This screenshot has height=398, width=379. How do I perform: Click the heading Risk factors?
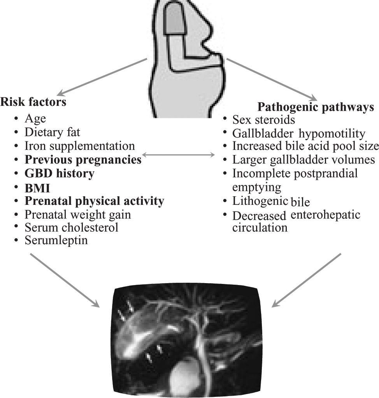(x=33, y=102)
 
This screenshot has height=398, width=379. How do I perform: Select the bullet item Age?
(x=35, y=118)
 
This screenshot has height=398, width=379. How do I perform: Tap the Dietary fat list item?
(x=52, y=132)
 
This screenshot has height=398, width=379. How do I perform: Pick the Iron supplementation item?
(x=79, y=146)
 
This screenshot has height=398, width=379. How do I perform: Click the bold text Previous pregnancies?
(x=83, y=160)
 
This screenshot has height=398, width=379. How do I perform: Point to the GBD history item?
(x=59, y=173)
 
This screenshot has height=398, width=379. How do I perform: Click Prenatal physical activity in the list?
(x=94, y=201)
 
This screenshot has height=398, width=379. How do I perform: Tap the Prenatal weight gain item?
(x=77, y=214)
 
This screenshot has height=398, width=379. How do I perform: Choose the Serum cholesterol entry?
(x=71, y=227)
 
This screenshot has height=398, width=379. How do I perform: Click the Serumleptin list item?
(x=56, y=241)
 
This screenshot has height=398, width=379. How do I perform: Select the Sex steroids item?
(x=263, y=119)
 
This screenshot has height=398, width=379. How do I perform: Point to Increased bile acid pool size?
(x=305, y=146)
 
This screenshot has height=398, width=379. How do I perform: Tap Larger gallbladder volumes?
(x=304, y=160)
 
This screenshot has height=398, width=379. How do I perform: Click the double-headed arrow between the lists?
(x=179, y=155)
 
